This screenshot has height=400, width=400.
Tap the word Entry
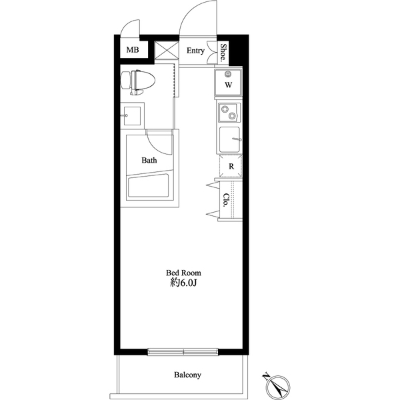(x=195, y=51)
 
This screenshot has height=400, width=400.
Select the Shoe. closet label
(x=224, y=52)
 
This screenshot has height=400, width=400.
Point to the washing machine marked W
(x=228, y=83)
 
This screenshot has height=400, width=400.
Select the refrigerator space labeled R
(x=230, y=166)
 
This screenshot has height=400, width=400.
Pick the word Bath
(x=149, y=160)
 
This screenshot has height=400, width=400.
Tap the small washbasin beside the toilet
(x=131, y=116)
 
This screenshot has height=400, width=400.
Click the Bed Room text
(x=183, y=273)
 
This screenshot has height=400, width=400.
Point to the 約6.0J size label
(x=183, y=283)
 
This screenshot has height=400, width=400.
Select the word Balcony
(x=188, y=375)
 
